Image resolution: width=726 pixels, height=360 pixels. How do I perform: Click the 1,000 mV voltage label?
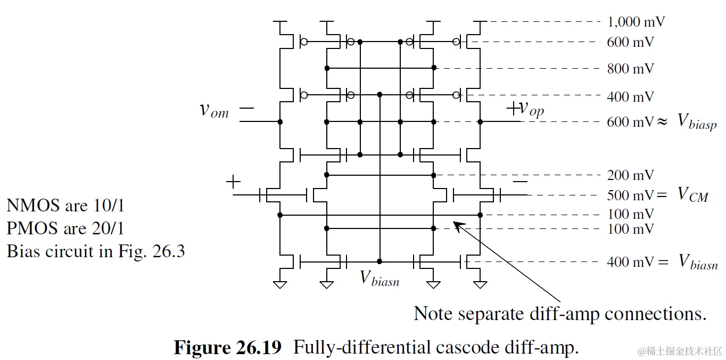tap(636, 22)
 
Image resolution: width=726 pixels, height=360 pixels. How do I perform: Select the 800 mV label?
tap(630, 69)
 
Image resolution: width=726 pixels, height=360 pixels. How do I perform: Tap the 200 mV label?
tap(630, 175)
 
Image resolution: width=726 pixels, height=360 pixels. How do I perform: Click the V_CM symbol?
tap(692, 195)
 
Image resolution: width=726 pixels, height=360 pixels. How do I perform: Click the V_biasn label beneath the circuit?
tap(379, 279)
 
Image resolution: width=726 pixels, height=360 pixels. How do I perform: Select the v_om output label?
tap(214, 110)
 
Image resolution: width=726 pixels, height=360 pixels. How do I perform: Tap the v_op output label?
tap(531, 109)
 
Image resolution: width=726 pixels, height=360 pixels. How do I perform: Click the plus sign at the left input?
tap(233, 182)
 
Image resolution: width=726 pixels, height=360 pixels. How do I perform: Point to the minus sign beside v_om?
tap(246, 109)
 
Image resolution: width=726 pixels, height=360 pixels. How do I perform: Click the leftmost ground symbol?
tap(280, 285)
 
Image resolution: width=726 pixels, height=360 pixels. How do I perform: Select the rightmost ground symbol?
tap(480, 285)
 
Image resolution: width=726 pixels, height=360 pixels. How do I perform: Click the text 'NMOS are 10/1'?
tap(65, 205)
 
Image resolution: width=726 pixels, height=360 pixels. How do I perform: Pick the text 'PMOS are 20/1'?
tap(65, 228)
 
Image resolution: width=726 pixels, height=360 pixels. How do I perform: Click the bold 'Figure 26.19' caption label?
tap(227, 348)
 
